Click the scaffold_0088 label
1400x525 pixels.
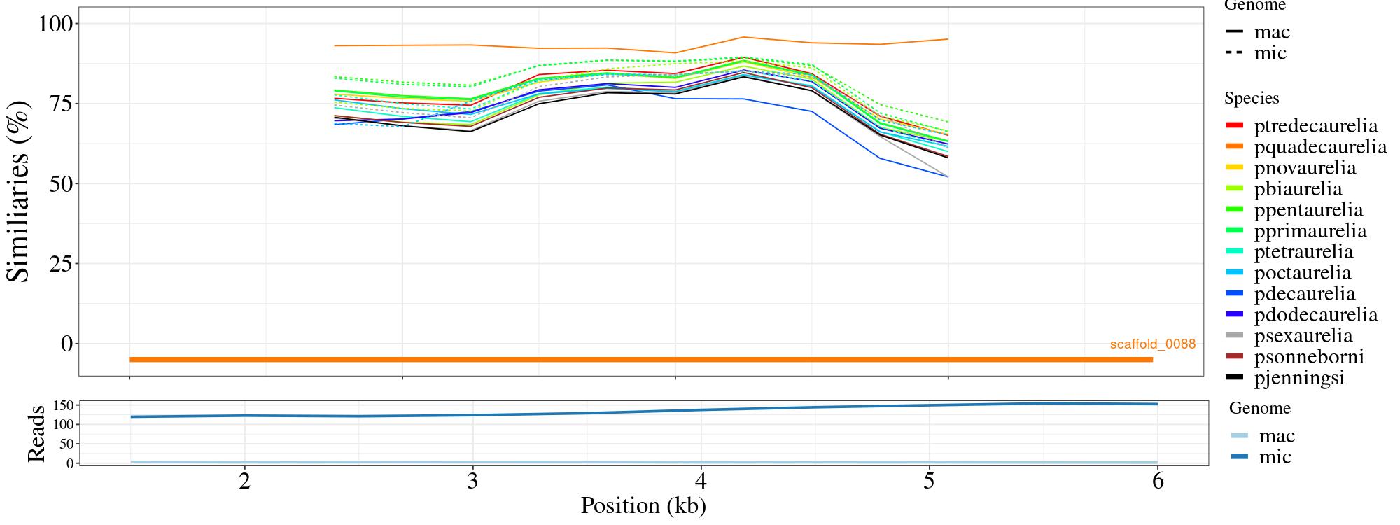[1152, 344]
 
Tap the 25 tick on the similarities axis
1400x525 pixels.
[62, 264]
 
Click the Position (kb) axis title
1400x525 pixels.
[643, 505]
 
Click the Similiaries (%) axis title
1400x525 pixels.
[19, 191]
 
